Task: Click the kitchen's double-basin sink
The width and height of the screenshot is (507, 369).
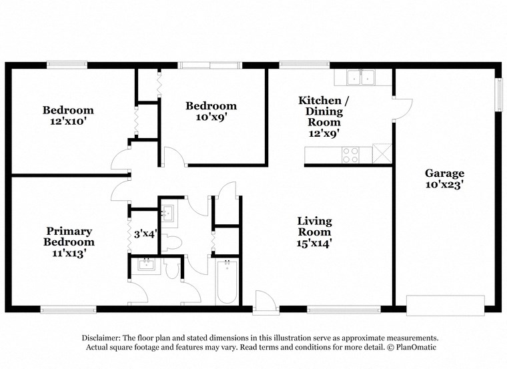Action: tap(360, 77)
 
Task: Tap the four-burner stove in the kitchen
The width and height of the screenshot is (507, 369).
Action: tap(350, 155)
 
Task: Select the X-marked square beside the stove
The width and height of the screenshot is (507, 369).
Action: tap(382, 154)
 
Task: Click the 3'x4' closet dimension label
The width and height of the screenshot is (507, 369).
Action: tap(145, 234)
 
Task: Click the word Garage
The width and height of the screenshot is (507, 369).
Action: tap(444, 173)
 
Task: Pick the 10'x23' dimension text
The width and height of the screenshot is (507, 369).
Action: tap(444, 185)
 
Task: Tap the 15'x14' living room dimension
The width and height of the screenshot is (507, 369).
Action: tap(314, 244)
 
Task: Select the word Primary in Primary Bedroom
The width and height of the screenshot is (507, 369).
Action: tap(69, 231)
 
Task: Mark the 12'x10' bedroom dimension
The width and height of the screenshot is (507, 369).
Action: tap(69, 122)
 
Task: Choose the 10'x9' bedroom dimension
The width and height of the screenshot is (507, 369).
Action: tap(211, 117)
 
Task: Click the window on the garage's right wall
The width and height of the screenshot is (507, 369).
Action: tap(498, 94)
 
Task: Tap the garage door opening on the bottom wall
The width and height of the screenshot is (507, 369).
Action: tap(445, 306)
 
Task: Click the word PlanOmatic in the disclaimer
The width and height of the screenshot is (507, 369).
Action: tap(414, 348)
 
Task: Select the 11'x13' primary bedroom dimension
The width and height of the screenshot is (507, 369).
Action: tap(69, 253)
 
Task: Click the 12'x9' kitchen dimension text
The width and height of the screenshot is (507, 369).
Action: tap(324, 133)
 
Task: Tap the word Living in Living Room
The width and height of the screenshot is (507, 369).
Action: tap(314, 221)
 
